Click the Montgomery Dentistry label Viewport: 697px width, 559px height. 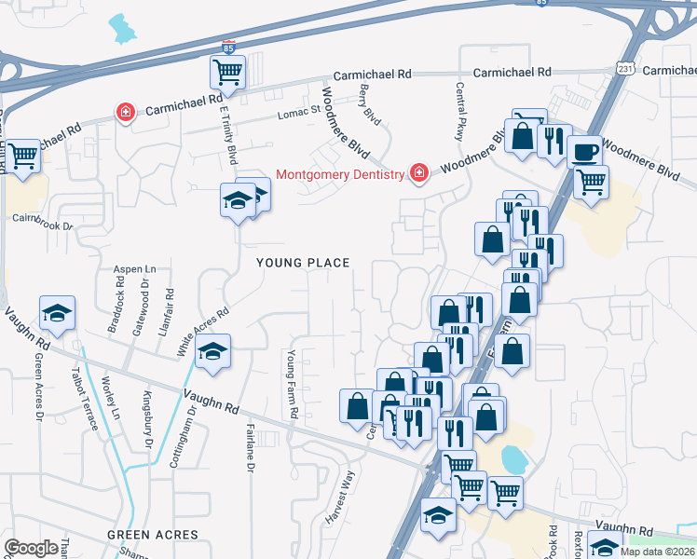341,174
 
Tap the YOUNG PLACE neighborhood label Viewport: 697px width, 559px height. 304,264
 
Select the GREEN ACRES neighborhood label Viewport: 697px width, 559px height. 153,535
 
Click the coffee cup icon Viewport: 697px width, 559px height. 584,150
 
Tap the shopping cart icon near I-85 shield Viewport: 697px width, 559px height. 227,71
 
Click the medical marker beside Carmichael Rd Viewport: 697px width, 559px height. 124,112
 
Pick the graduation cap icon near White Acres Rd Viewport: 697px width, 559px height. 213,352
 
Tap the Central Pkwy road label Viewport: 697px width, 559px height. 459,111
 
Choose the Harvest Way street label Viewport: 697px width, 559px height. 340,498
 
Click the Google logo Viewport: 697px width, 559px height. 31,548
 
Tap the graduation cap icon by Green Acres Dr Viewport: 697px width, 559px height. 57,315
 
